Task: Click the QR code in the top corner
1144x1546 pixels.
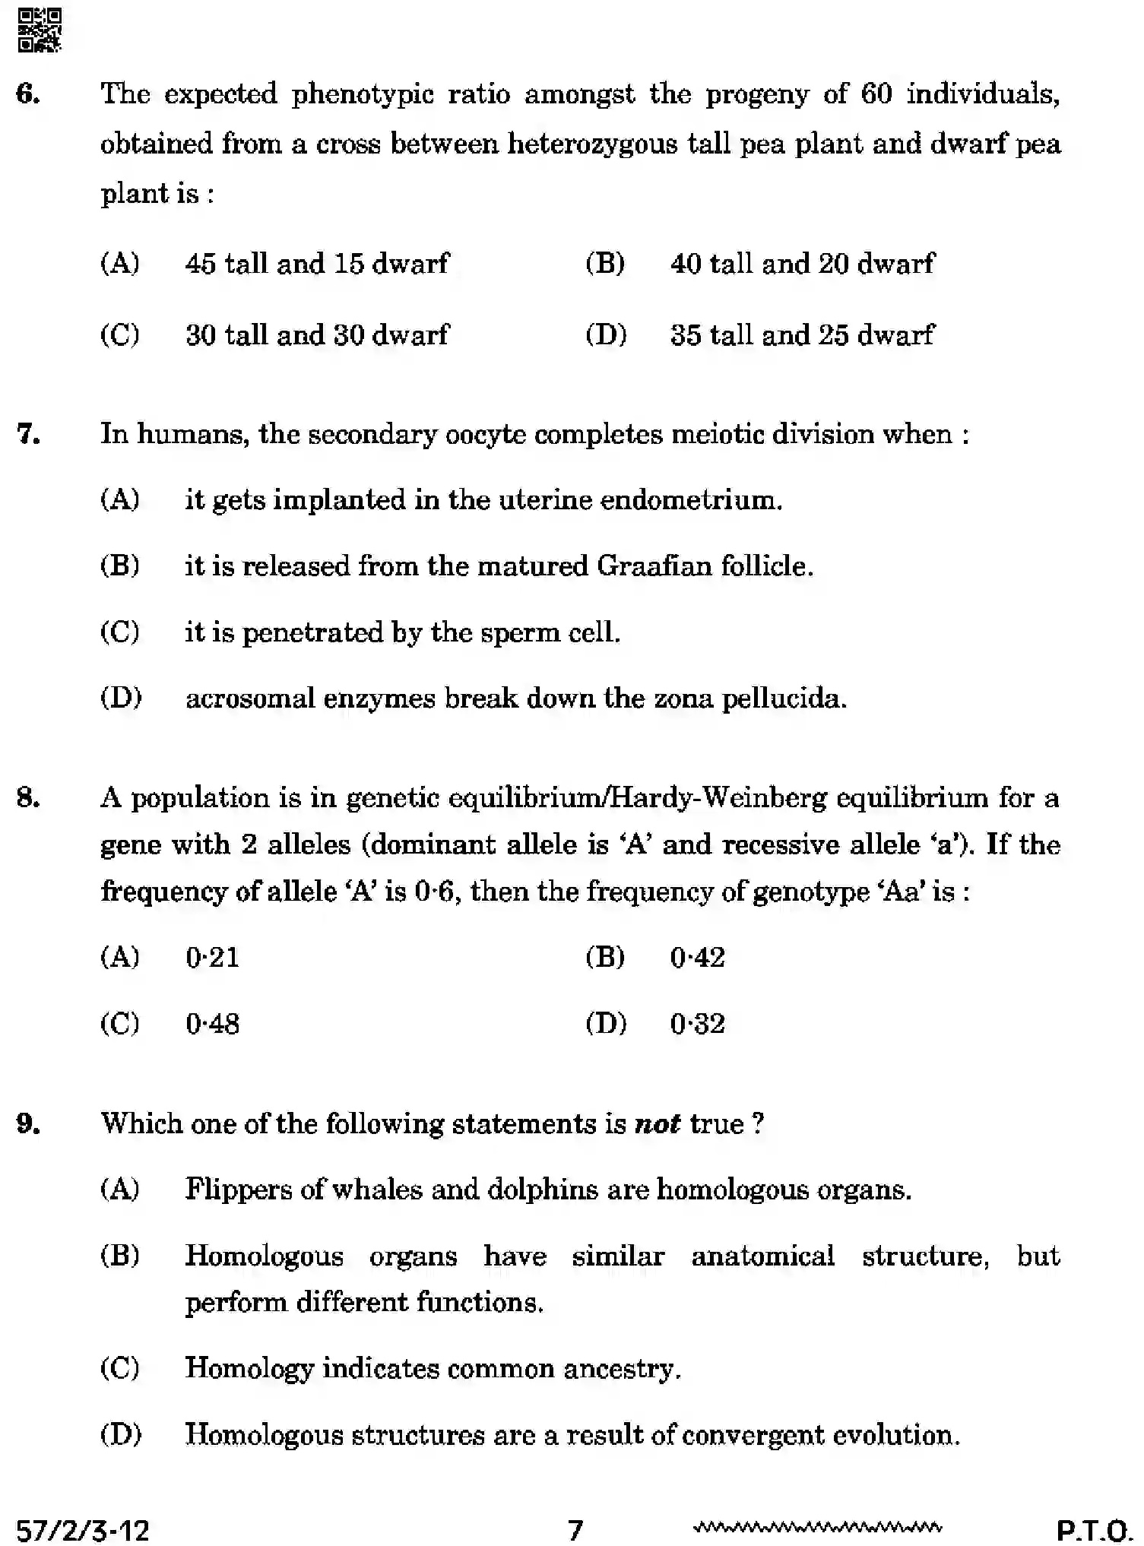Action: pos(39,30)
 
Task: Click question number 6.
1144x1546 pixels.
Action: pos(27,94)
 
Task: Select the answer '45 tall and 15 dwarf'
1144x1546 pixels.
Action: pos(317,264)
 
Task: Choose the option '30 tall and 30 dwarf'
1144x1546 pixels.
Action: pos(317,334)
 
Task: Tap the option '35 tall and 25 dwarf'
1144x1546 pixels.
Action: pos(802,334)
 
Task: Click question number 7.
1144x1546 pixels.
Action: pos(27,434)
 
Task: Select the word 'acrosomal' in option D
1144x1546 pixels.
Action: pos(250,698)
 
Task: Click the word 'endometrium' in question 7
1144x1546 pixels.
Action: pos(690,500)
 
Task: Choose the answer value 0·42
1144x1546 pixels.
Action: pos(697,957)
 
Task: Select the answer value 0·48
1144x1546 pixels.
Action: pos(212,1024)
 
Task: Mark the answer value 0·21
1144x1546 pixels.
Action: pos(212,957)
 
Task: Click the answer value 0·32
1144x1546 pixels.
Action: pos(697,1024)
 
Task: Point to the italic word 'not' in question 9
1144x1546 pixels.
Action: pos(658,1123)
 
